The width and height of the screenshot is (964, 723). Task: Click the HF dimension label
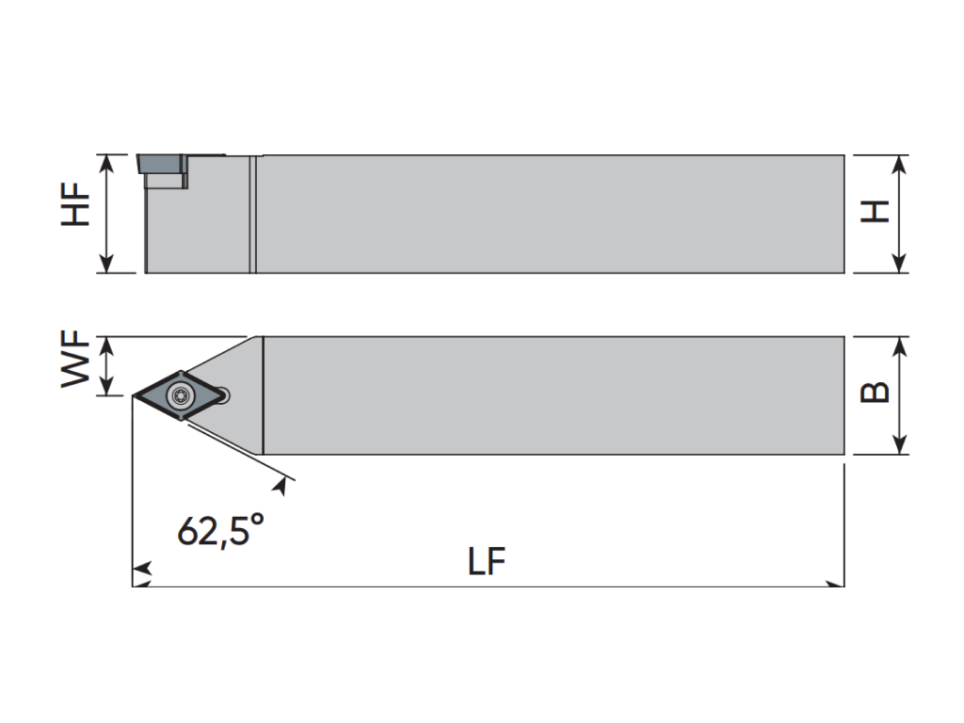(75, 204)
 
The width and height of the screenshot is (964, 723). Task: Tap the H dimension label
(875, 211)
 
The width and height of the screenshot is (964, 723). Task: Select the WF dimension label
(75, 359)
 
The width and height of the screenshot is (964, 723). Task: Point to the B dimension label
(875, 392)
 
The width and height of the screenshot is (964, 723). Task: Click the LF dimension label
(487, 561)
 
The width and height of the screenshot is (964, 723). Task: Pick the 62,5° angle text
(221, 530)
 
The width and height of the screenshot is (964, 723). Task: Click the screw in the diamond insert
(180, 396)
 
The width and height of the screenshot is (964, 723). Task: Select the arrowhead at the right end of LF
(835, 584)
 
